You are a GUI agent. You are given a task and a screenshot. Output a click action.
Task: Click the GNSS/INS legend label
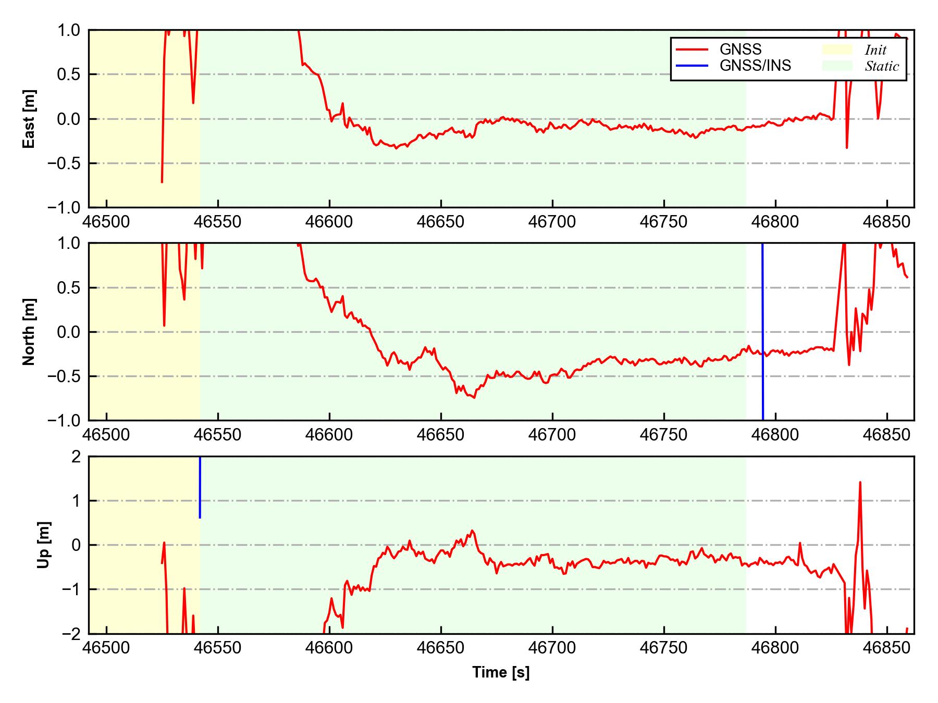755,66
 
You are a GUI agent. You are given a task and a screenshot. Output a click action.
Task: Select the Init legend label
875,50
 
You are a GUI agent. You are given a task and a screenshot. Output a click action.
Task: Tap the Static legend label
882,66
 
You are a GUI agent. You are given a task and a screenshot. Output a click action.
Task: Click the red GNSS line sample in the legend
692,50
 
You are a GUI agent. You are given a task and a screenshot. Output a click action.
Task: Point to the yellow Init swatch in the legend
837,49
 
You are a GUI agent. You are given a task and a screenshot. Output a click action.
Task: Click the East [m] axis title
30,119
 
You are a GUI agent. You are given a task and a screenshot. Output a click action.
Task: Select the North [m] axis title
30,332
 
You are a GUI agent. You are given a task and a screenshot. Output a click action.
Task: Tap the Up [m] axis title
44,545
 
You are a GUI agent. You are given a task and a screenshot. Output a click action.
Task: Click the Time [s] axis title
501,672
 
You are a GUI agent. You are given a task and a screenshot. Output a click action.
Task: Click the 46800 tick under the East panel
775,222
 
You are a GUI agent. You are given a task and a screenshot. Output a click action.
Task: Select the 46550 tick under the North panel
218,435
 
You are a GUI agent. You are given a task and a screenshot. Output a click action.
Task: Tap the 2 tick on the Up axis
76,457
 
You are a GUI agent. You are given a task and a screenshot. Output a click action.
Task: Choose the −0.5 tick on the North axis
63,376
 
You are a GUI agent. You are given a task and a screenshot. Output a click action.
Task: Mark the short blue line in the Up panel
200,487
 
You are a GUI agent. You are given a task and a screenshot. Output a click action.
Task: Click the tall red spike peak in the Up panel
860,483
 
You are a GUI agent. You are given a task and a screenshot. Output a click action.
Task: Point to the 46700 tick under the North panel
552,435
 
